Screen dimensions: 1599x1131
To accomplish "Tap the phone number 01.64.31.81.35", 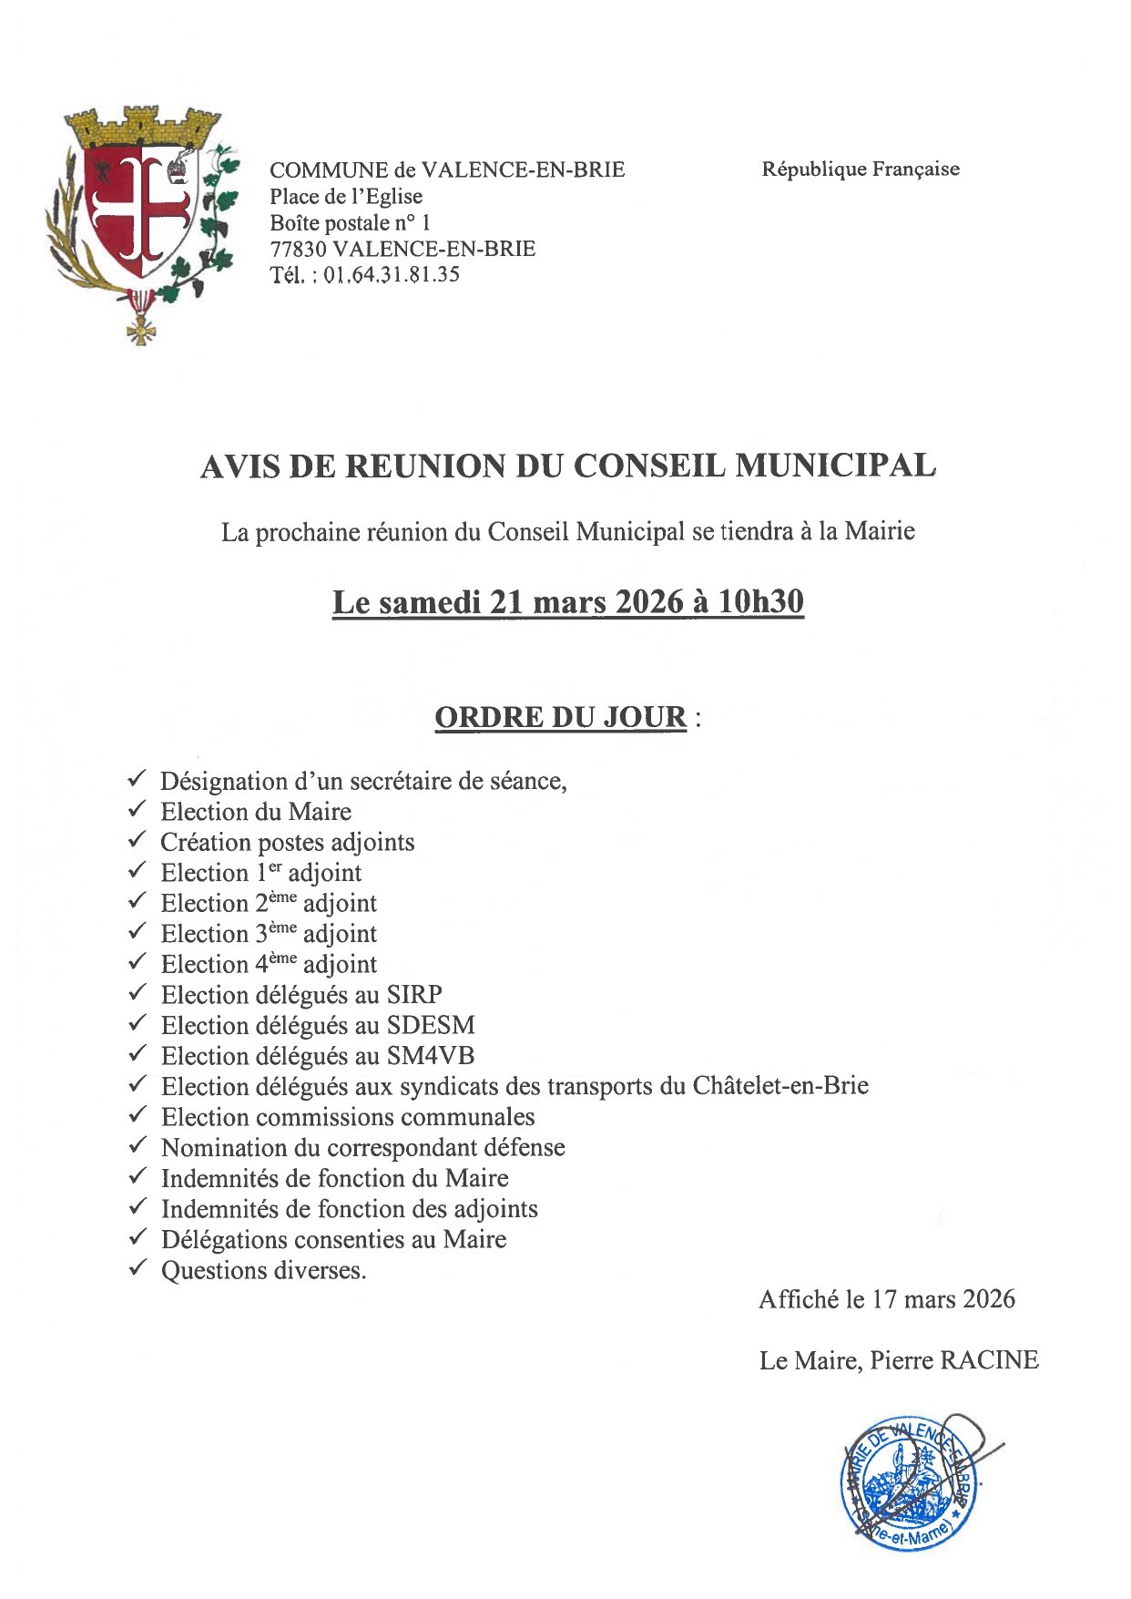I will tap(392, 275).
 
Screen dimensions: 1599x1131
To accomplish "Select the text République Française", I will tap(861, 169).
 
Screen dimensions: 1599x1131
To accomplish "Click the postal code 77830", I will tap(298, 249).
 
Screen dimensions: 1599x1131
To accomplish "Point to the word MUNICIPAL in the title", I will tap(835, 466).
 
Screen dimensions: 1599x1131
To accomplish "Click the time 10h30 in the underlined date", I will tap(760, 602).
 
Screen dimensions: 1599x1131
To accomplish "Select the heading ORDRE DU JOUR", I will tap(560, 718).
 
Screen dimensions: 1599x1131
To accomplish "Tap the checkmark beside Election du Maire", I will tap(138, 809).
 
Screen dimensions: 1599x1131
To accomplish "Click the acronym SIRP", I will tap(415, 995).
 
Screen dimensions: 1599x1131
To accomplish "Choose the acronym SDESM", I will tap(431, 1026).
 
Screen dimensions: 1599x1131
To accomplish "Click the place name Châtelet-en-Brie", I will tap(780, 1086).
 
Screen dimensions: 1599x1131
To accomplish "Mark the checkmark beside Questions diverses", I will tap(138, 1267).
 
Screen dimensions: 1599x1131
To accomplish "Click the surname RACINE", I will tap(989, 1360).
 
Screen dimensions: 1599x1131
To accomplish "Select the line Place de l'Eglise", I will tap(346, 197).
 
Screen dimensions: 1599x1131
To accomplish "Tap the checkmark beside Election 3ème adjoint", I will tap(138, 931).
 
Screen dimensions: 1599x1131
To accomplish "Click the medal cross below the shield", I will tap(140, 328).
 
